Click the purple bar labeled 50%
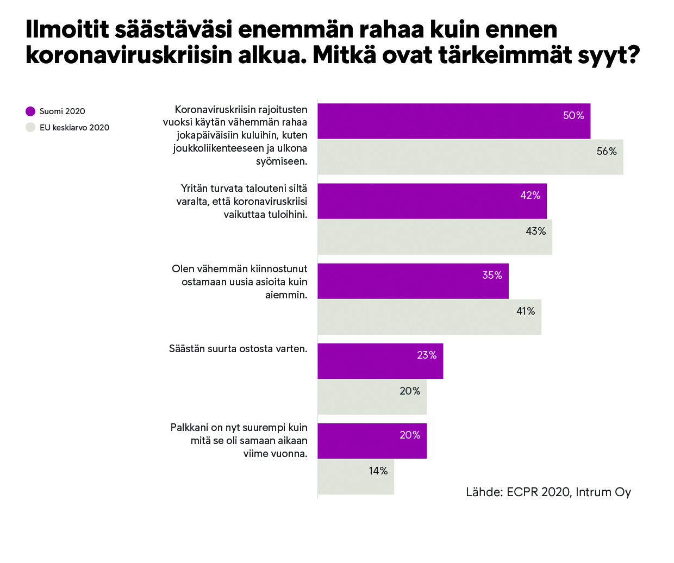[x=454, y=121]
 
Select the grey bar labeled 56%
[x=470, y=157]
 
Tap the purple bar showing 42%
[x=432, y=201]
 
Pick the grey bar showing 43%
[x=435, y=237]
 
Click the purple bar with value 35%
[x=413, y=281]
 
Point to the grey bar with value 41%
[x=429, y=317]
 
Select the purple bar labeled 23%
[x=380, y=361]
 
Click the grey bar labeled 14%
[x=355, y=477]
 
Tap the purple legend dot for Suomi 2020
[x=30, y=111]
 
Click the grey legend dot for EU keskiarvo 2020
[x=30, y=128]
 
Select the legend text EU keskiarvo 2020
[x=74, y=128]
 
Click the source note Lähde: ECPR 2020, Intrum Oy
[x=548, y=492]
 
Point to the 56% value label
[x=607, y=152]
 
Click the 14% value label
[x=378, y=471]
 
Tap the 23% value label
[x=427, y=355]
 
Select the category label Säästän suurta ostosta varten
[x=238, y=349]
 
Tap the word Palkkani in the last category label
[x=189, y=428]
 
